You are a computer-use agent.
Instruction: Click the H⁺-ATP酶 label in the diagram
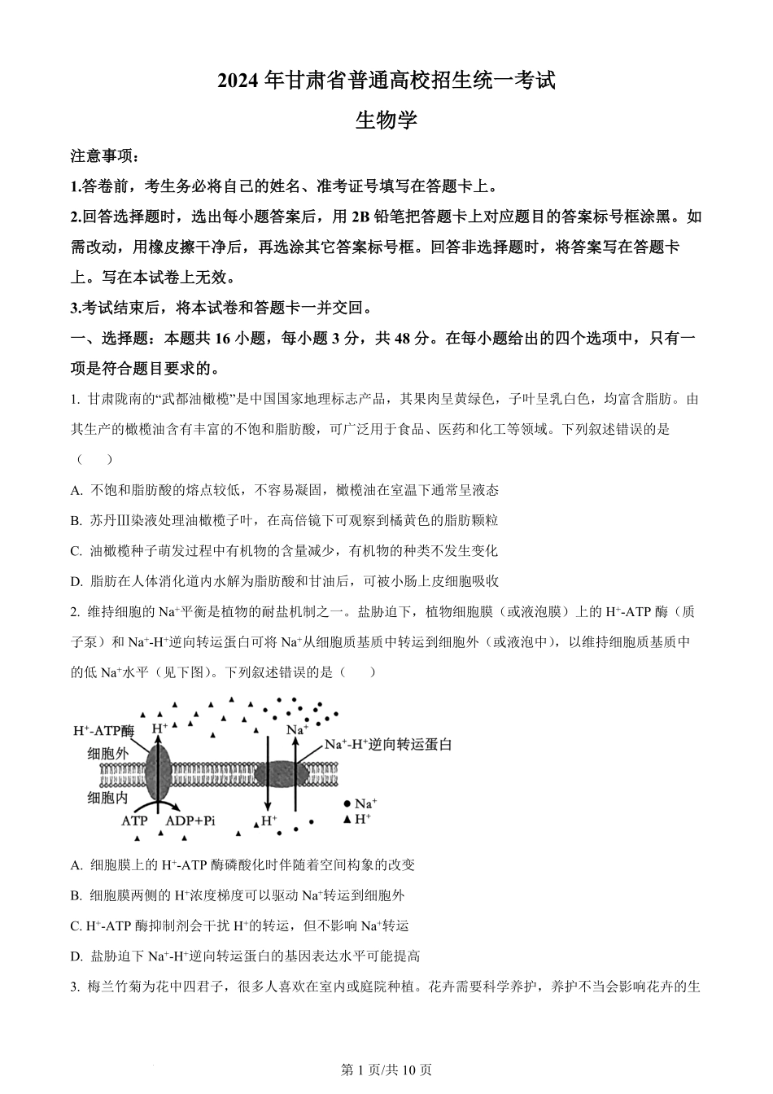tap(103, 730)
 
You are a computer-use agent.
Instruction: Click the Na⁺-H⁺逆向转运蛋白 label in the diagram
tap(388, 744)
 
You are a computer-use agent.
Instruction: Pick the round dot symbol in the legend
tap(347, 803)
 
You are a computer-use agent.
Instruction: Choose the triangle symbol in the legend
tap(347, 818)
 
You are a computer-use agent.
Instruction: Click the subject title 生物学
tap(386, 120)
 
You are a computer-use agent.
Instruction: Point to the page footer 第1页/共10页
tap(386, 1070)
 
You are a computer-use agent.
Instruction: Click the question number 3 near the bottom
tap(75, 987)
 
